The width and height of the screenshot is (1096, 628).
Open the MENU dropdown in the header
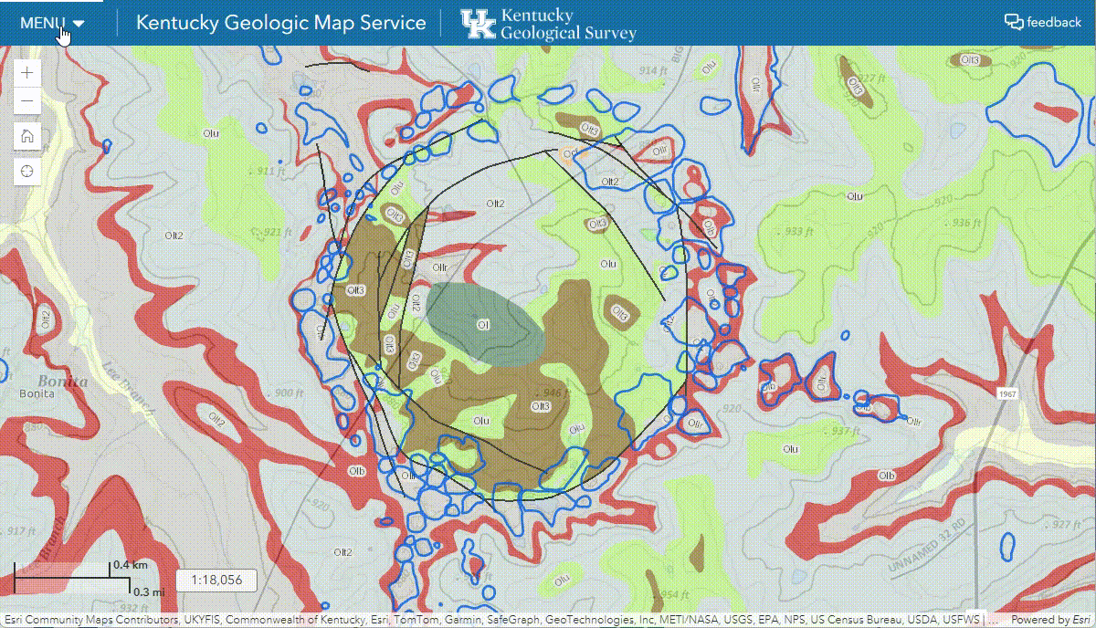pyautogui.click(x=52, y=23)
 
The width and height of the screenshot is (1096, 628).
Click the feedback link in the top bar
pyautogui.click(x=1042, y=22)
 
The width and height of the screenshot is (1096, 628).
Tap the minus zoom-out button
pyautogui.click(x=27, y=101)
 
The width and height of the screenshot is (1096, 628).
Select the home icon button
pyautogui.click(x=27, y=136)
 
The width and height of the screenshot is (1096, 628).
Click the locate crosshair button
pyautogui.click(x=27, y=171)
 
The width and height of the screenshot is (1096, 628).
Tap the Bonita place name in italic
pyautogui.click(x=63, y=381)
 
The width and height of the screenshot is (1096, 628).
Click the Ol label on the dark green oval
pyautogui.click(x=482, y=324)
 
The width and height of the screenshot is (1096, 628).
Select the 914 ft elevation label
pyautogui.click(x=652, y=71)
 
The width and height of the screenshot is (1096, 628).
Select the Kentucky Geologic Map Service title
pyautogui.click(x=280, y=23)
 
